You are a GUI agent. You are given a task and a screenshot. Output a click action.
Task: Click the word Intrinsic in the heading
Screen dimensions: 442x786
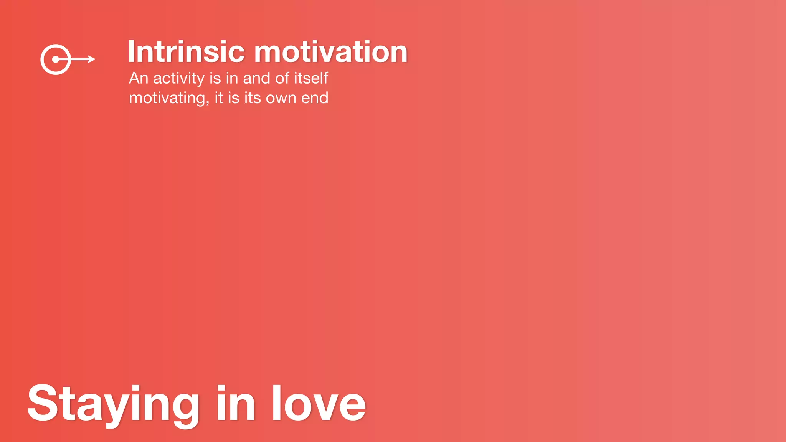click(x=186, y=52)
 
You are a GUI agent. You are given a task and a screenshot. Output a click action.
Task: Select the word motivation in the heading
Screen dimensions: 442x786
click(x=330, y=52)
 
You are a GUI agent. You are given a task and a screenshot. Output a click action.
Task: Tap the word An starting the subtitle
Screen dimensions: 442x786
click(x=139, y=78)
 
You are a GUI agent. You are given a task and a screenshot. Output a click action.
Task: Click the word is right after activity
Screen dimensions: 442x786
click(x=215, y=78)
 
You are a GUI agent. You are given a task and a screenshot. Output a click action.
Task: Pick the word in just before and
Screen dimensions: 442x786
click(x=232, y=78)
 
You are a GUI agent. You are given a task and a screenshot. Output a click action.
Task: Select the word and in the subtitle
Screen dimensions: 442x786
click(x=256, y=78)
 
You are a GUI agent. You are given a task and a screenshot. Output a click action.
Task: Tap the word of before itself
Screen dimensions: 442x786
click(x=282, y=78)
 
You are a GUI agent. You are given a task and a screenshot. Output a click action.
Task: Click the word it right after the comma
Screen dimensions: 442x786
click(x=219, y=98)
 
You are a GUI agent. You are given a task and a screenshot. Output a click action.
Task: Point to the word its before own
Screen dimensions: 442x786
click(x=253, y=98)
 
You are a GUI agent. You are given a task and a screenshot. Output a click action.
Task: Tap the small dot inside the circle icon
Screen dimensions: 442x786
click(x=56, y=59)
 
